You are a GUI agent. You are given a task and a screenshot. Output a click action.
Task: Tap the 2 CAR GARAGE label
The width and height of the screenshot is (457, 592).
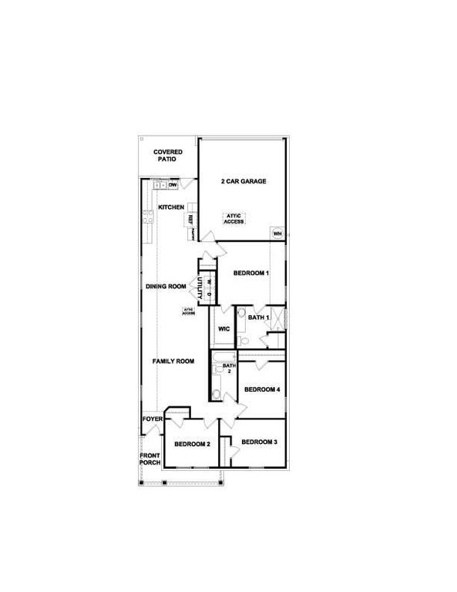point(244,182)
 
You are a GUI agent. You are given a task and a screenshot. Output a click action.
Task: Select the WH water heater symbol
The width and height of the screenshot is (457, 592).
point(277,233)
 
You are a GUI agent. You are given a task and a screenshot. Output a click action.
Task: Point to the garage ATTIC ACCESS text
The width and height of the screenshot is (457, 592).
point(234,218)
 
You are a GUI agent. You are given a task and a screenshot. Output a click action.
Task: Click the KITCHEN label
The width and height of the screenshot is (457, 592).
point(171,207)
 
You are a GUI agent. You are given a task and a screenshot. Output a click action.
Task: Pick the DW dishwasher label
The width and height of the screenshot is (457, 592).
point(173,185)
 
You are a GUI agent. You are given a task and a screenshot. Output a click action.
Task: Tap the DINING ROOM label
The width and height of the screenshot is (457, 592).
point(166,287)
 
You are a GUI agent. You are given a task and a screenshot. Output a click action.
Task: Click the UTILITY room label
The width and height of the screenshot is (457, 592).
point(200,290)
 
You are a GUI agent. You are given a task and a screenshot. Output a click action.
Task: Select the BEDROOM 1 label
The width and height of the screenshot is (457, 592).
point(251,273)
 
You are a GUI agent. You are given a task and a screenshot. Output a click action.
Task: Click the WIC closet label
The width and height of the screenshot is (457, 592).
point(224,329)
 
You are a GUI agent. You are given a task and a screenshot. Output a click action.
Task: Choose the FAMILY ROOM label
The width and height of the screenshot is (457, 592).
point(172,361)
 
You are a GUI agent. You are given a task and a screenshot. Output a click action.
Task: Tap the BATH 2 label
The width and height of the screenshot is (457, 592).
point(228,368)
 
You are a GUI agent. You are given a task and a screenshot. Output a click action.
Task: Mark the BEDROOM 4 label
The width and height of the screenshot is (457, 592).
point(262,389)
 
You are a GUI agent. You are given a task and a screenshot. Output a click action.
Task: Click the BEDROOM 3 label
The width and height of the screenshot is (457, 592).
point(259,442)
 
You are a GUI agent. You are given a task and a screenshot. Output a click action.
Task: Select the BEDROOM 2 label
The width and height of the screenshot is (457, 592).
point(192,444)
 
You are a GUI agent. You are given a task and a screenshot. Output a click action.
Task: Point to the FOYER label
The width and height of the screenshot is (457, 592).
point(152,419)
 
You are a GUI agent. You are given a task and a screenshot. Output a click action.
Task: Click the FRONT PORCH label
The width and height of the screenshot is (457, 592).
point(150,459)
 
